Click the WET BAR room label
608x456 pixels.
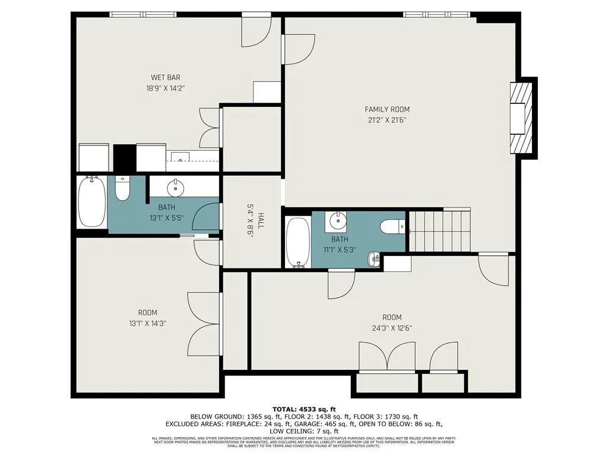coord(165,77)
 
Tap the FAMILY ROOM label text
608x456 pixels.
coord(387,109)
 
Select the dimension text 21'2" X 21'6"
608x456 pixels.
coord(387,120)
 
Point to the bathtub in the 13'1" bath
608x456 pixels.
coord(92,202)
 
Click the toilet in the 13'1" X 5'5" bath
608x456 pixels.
coord(122,189)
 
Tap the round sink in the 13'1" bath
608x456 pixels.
coord(176,188)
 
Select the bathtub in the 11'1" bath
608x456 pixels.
coord(297,243)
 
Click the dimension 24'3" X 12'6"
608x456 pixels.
coord(392,328)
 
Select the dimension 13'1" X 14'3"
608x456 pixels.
coord(148,324)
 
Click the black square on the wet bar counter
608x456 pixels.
coord(124,158)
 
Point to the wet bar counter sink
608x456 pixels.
coord(180,158)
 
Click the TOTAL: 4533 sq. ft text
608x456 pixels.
coord(303,409)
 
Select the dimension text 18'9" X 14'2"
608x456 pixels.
coord(165,88)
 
